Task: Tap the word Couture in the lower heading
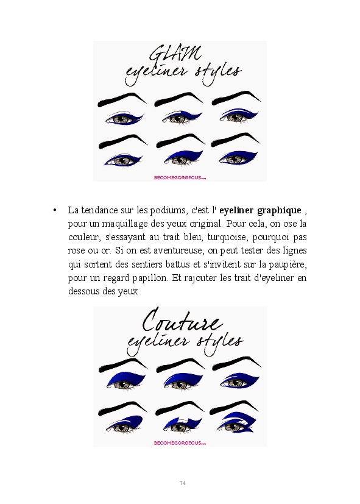(182, 320)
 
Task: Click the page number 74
(182, 483)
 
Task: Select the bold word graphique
(280, 211)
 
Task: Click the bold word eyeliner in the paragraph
(237, 211)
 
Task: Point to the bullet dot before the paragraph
(55, 210)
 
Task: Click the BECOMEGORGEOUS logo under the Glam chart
(180, 177)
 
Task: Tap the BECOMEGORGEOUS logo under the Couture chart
(180, 443)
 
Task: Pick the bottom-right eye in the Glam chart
(238, 158)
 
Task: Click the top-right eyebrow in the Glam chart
(236, 98)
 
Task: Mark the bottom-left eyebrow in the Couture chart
(122, 409)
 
